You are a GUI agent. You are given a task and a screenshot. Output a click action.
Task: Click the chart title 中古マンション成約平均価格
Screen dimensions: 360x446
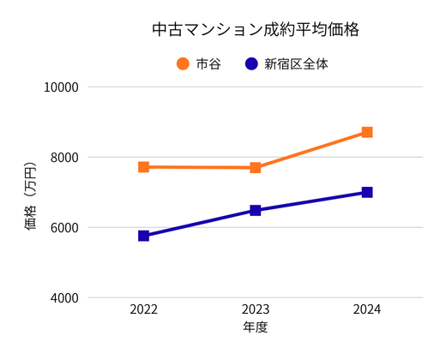tap(255, 29)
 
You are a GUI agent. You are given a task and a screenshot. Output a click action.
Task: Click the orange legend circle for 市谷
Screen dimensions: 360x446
tap(183, 63)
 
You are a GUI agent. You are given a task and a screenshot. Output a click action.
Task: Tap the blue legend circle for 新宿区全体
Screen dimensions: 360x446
tap(251, 63)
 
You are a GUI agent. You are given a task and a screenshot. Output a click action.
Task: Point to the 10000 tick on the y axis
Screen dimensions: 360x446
tap(60, 87)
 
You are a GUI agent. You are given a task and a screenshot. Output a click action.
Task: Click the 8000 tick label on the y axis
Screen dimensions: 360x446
tap(63, 158)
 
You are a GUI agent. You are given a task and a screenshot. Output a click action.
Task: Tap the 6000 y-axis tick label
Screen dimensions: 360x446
tap(63, 228)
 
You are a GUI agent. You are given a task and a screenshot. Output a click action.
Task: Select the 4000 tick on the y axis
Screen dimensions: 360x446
tap(63, 298)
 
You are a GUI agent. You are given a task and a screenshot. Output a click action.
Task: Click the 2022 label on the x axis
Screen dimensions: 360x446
tap(144, 309)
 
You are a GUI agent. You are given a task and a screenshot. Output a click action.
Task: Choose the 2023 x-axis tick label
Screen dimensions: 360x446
tap(256, 309)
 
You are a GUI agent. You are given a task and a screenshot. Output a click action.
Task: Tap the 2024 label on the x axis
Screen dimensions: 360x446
tap(367, 309)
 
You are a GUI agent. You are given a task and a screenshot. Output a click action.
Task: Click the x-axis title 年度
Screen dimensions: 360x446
tap(256, 327)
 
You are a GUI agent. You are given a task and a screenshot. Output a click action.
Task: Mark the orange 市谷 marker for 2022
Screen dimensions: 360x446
tap(144, 167)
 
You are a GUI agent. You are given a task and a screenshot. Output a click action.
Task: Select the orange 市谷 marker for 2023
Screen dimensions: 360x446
tap(256, 168)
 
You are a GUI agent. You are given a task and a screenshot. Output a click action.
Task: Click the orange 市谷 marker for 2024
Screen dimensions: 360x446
tap(367, 132)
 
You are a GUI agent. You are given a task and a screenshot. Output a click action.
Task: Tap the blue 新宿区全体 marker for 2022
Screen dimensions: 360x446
tap(144, 236)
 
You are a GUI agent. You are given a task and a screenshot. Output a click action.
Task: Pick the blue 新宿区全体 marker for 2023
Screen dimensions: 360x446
tap(256, 210)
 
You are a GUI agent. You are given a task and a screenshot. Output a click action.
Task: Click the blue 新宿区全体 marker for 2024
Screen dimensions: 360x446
tap(367, 192)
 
